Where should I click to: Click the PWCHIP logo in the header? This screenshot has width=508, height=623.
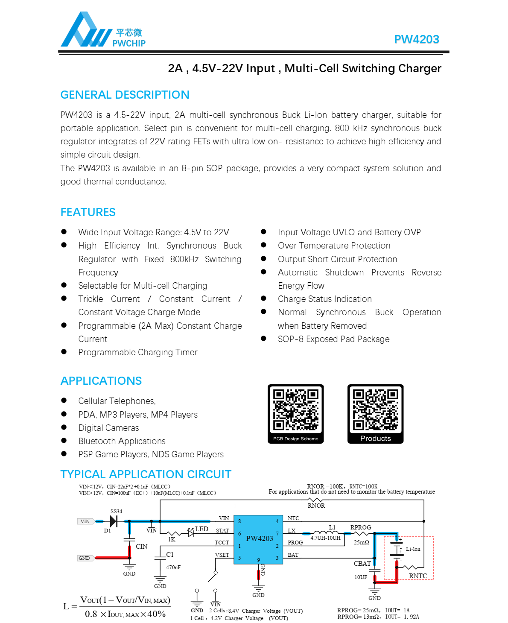(103, 30)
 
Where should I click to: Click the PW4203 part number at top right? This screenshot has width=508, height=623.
(416, 39)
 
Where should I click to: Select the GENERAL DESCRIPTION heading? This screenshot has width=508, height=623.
(125, 95)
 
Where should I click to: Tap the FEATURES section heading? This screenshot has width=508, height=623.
(88, 212)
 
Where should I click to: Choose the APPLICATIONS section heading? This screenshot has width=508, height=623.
(101, 381)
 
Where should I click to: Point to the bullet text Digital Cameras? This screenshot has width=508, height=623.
(108, 428)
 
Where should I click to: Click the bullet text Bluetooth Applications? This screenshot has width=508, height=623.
(122, 441)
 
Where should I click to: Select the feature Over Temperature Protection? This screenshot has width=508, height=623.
(334, 246)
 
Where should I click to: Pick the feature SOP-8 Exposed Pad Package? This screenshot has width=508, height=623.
(333, 339)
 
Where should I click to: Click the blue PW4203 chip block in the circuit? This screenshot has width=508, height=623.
(259, 539)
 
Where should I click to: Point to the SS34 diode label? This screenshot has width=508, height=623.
(116, 511)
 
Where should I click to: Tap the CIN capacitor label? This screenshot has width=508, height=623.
(141, 547)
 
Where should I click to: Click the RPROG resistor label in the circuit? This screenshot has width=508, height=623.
(361, 527)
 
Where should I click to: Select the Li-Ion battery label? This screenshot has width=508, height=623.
(413, 549)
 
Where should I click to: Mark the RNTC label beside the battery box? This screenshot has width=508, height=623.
(417, 576)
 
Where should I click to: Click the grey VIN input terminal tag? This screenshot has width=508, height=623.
(85, 521)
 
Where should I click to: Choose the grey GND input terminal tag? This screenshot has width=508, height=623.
(85, 558)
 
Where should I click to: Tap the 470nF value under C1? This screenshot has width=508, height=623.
(173, 567)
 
